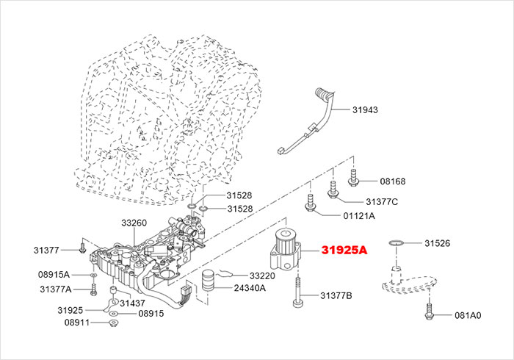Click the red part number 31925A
tap(343, 250)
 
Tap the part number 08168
tap(392, 181)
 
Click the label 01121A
tap(359, 216)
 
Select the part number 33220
tap(261, 276)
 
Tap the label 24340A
tap(250, 287)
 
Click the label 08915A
tap(54, 274)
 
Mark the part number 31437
tap(132, 303)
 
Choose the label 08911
tap(77, 323)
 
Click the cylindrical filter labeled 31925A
tap(287, 251)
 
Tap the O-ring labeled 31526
tap(397, 242)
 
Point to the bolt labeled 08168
tap(353, 176)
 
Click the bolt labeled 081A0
tap(427, 312)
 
